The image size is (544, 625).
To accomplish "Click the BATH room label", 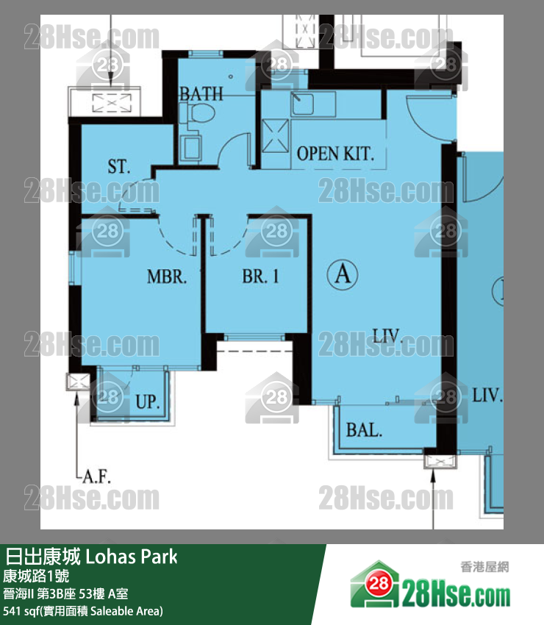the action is [201, 94].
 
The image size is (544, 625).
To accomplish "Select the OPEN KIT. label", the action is [335, 154].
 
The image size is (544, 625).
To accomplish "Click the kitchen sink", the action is [302, 103].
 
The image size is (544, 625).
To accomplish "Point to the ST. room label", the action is [119, 166].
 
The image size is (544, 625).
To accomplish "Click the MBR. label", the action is [167, 276].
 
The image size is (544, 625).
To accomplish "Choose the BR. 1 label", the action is [260, 276].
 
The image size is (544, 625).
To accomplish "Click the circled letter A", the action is [343, 274].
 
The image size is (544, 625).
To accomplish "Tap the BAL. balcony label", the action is [364, 430].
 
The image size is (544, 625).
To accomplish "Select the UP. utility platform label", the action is [148, 401].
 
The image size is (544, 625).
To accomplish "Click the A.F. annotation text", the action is [96, 476].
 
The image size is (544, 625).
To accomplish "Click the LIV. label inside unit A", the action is [387, 336].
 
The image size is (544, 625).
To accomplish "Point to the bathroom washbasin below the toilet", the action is [190, 148].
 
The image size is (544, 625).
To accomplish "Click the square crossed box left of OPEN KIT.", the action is [276, 136].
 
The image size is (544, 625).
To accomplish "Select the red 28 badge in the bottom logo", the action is [378, 584].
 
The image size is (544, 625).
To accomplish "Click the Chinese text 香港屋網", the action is [484, 567].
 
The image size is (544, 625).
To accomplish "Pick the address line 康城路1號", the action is [36, 576].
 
